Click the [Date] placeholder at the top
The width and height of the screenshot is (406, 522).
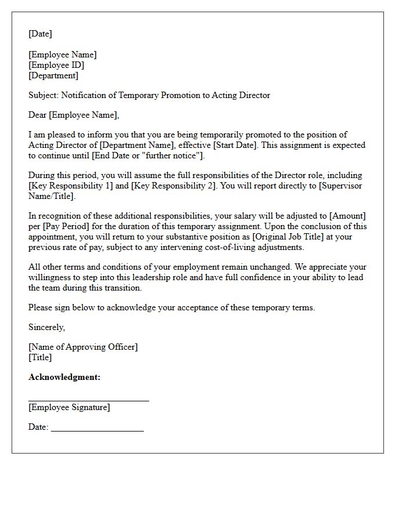40,34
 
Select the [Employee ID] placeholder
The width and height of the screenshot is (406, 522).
56,65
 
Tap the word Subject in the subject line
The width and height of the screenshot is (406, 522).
43,95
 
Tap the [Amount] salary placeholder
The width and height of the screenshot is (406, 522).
347,216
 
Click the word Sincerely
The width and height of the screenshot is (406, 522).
46,327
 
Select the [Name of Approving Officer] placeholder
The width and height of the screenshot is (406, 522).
83,347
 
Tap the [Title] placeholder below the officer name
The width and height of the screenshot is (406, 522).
40,357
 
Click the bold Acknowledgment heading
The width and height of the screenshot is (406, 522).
64,377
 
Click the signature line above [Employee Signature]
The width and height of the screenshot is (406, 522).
88,400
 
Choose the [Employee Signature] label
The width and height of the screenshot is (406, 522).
69,407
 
